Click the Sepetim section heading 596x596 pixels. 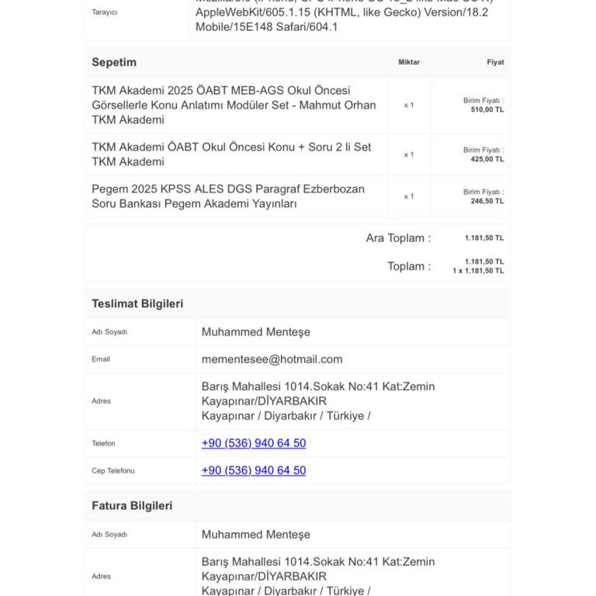(114, 62)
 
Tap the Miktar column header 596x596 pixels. (409, 62)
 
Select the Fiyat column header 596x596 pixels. (495, 62)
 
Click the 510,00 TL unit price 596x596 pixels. (487, 110)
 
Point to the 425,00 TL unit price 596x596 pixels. (487, 160)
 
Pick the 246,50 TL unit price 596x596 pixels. (487, 202)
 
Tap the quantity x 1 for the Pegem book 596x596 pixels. (409, 196)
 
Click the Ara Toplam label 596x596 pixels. (398, 238)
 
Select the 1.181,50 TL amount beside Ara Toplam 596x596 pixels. (484, 238)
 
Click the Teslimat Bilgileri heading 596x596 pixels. (137, 304)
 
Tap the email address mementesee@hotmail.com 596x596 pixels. (272, 359)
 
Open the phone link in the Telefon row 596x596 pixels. (254, 443)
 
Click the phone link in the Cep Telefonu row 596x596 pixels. (254, 470)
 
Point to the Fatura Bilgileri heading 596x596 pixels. (132, 506)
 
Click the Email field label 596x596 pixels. (101, 359)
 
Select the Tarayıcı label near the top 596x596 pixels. (104, 12)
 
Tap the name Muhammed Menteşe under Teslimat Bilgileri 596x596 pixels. (255, 332)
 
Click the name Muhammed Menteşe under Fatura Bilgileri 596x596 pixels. (255, 535)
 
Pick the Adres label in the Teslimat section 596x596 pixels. (101, 401)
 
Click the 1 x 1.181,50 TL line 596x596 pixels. (478, 271)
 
